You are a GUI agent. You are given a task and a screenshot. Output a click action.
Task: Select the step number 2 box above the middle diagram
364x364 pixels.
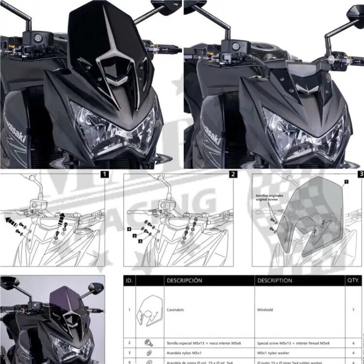(233, 173)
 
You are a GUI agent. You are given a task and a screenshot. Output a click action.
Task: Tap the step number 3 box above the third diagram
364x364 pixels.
(360, 173)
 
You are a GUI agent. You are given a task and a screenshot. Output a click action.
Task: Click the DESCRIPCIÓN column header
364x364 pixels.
(184, 281)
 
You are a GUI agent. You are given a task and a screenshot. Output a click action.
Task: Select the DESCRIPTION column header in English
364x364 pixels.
(275, 281)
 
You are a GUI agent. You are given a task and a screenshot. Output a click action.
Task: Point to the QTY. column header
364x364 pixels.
(353, 281)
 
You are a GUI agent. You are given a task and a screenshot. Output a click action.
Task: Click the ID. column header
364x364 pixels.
(130, 281)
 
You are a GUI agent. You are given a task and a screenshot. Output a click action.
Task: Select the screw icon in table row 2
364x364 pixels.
(148, 342)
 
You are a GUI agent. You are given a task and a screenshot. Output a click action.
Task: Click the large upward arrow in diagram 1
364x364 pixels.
(62, 219)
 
